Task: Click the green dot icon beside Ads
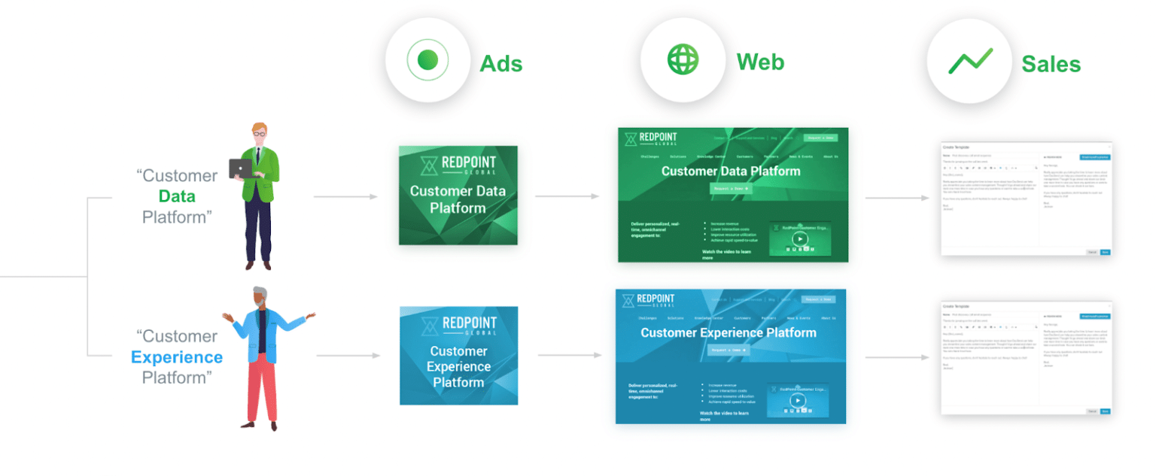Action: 427,60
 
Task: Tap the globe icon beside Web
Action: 683,59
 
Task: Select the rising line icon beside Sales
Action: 970,61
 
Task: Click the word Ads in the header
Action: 501,63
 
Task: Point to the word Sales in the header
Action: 1051,64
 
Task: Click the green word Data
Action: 177,197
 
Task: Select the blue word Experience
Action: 177,357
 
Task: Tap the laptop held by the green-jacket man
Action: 241,168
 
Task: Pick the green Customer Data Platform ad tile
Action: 458,195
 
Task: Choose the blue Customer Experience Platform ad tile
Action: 458,356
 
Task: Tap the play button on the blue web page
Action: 798,400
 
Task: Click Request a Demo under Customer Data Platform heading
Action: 730,189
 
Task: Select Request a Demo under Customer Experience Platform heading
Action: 728,350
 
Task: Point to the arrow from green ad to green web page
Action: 567,197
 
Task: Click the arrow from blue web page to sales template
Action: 895,358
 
